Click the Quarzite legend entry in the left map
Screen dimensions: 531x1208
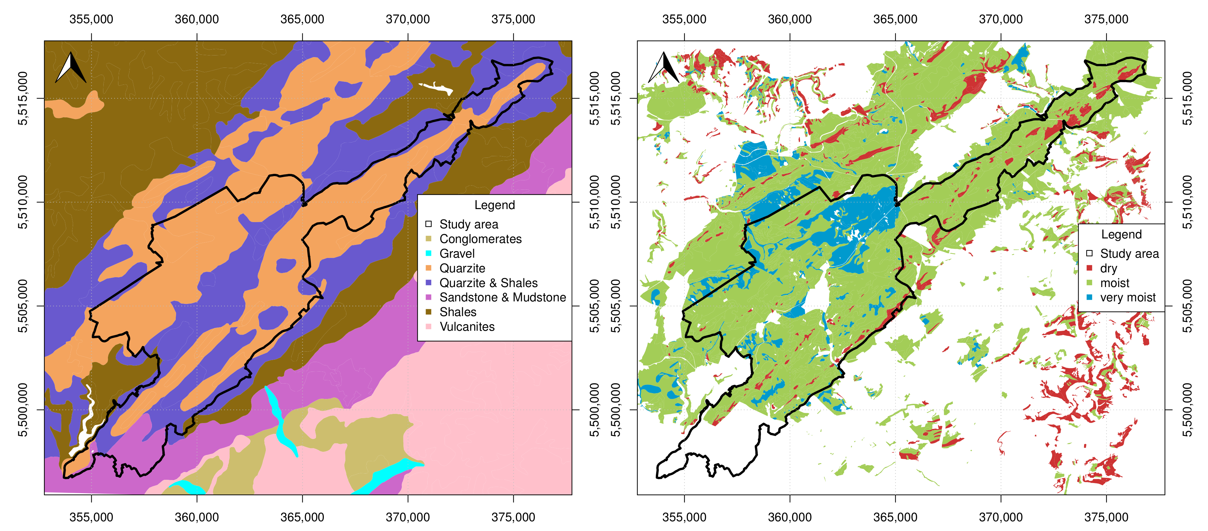tap(461, 268)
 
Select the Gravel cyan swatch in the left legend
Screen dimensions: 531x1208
tap(428, 254)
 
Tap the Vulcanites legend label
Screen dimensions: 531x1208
tap(467, 327)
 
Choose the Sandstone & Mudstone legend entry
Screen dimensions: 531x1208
tap(502, 297)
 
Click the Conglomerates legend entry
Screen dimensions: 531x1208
tap(480, 239)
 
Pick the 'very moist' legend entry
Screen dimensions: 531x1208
tap(1127, 297)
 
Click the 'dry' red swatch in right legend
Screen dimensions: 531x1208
tap(1089, 268)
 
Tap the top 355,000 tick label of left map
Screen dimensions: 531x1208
tap(91, 19)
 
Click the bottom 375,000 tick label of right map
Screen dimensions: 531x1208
tap(1106, 517)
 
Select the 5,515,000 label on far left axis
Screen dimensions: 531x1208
tap(23, 99)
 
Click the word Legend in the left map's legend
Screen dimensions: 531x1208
tap(494, 205)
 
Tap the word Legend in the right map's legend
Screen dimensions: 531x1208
tap(1121, 234)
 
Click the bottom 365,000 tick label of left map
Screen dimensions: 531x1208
tap(302, 517)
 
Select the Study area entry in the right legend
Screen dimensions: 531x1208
tap(1129, 254)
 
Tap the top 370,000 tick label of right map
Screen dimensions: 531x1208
tap(1000, 19)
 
